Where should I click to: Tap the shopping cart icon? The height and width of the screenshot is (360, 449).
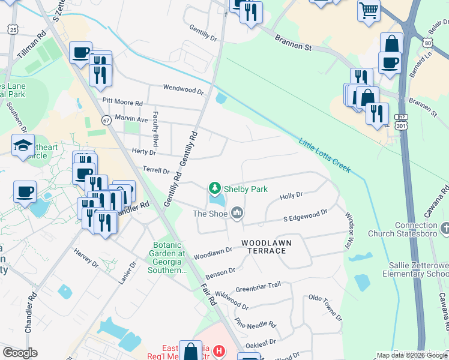click(x=369, y=10)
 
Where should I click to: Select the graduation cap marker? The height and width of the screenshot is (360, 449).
click(x=23, y=145)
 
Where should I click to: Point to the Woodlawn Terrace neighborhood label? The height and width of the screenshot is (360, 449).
click(x=264, y=246)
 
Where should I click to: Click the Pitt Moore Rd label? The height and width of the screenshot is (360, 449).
click(x=122, y=103)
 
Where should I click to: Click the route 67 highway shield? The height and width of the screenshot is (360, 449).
click(x=107, y=120)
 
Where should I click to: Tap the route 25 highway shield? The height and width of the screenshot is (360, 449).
click(x=13, y=29)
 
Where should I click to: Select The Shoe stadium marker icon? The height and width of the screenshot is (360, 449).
click(x=237, y=212)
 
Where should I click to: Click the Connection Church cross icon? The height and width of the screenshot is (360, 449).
click(x=445, y=228)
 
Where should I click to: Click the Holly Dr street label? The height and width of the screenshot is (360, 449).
click(x=291, y=196)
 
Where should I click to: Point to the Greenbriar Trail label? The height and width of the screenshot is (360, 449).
click(x=258, y=287)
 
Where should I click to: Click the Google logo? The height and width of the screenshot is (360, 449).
click(x=20, y=353)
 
